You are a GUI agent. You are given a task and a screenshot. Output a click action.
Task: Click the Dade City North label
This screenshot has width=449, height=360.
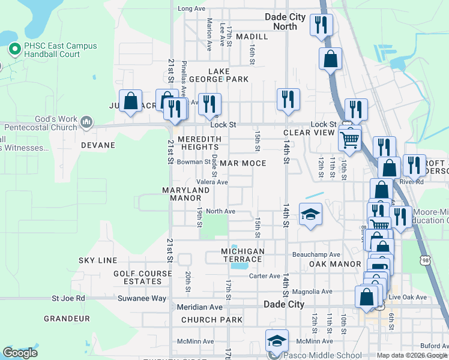[x=285, y=22]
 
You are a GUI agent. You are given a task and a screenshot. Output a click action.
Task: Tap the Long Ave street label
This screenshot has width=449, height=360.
[x=191, y=8]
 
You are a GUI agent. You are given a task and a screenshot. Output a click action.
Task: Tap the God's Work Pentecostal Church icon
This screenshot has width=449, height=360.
[x=86, y=122]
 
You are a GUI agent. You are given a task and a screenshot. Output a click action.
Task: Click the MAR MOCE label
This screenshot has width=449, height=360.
[x=243, y=163]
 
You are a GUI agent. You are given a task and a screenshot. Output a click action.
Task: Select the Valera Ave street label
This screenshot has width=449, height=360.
[x=212, y=182]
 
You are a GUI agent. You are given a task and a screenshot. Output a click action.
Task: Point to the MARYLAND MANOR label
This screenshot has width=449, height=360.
[x=185, y=194]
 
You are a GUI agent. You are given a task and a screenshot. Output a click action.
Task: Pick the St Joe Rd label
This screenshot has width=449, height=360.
[x=68, y=298]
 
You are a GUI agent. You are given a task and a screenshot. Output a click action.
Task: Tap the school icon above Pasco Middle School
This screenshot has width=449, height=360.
[x=277, y=341]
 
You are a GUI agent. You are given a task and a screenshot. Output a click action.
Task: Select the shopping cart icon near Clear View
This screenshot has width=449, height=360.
[x=350, y=140]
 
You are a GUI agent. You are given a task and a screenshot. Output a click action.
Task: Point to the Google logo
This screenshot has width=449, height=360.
[x=19, y=353]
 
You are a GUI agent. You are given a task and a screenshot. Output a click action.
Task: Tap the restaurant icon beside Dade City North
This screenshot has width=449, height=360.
[x=321, y=25]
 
